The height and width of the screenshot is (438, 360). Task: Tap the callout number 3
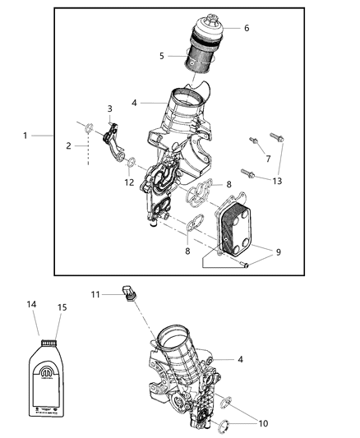click(x=109, y=108)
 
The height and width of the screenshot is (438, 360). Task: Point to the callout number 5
click(x=162, y=55)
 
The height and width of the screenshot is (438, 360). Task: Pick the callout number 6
click(x=246, y=28)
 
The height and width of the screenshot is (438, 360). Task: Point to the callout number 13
click(x=277, y=181)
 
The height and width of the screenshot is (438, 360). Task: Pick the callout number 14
click(x=32, y=304)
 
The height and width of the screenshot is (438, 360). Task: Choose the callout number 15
click(x=61, y=307)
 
